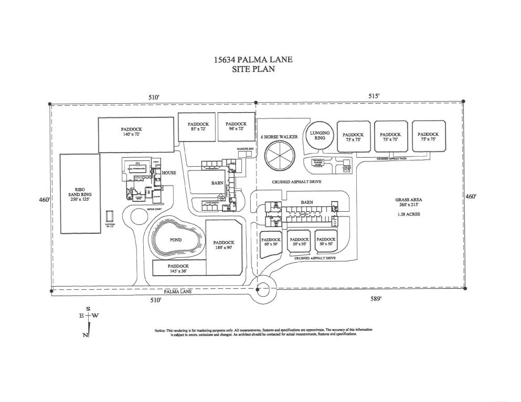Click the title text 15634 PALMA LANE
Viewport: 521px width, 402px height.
tap(253, 59)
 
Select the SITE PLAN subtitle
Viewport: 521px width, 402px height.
tap(253, 69)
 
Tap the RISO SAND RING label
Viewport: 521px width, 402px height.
tap(80, 194)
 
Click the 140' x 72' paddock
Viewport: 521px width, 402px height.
tap(136, 134)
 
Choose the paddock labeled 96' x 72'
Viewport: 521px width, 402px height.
tap(236, 127)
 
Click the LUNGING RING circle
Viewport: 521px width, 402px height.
tap(320, 136)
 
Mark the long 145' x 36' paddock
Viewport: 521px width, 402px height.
tap(178, 268)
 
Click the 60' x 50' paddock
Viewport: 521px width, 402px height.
tap(271, 243)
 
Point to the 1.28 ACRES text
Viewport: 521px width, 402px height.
tap(409, 214)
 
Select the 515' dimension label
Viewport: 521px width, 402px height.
tap(374, 96)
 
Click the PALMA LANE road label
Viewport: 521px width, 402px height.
tap(178, 291)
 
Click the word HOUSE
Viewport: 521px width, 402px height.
tap(168, 172)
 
